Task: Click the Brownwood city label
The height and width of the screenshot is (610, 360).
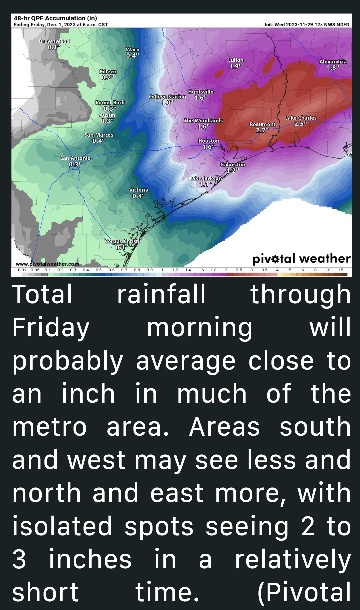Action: tap(54, 41)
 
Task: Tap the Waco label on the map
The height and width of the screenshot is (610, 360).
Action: tap(132, 49)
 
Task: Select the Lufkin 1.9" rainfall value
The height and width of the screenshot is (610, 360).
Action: tap(236, 66)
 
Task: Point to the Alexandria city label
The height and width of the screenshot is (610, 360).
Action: tap(333, 62)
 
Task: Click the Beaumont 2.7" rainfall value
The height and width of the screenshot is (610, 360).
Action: tap(262, 130)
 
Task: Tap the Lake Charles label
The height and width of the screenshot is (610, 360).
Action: tap(301, 118)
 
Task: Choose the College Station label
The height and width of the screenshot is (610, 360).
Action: tap(167, 97)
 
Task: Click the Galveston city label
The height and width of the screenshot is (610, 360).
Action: tap(233, 165)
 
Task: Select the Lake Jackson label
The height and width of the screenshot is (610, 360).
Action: tap(205, 178)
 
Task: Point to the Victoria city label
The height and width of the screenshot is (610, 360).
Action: tap(139, 190)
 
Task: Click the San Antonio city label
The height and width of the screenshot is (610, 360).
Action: tap(75, 158)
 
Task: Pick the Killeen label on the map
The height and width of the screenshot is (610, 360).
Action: tap(108, 72)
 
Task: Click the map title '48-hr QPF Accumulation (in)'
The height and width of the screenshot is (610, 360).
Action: tap(55, 18)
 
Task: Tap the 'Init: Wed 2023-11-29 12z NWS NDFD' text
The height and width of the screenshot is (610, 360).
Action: tap(307, 25)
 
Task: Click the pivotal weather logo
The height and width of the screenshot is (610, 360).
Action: tap(301, 259)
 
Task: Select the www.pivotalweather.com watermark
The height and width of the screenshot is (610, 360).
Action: tap(47, 264)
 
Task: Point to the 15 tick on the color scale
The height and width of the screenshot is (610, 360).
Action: tap(341, 270)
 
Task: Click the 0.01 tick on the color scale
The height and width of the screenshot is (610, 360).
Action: tap(22, 270)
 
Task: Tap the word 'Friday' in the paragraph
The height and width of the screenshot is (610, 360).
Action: tap(51, 328)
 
